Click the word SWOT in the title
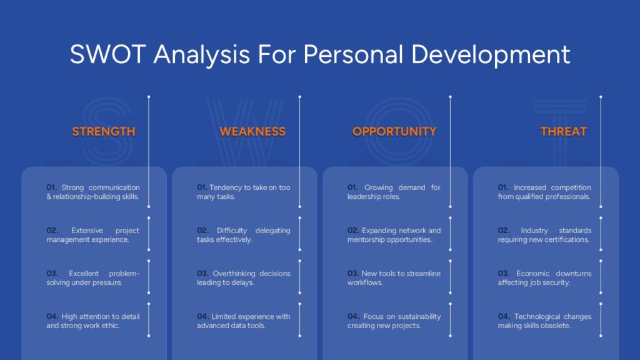point(107,54)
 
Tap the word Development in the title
point(490,55)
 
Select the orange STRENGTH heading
point(104,131)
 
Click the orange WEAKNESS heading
point(252,131)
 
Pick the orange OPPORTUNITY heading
point(394,131)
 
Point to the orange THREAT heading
point(564,131)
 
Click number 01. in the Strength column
point(51,187)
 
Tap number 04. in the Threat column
point(504,316)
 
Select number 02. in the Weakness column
point(202,230)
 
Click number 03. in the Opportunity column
point(353,274)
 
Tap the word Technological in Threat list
point(537,317)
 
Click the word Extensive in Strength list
point(87,230)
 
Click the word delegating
point(272,231)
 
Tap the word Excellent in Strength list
point(84,274)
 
